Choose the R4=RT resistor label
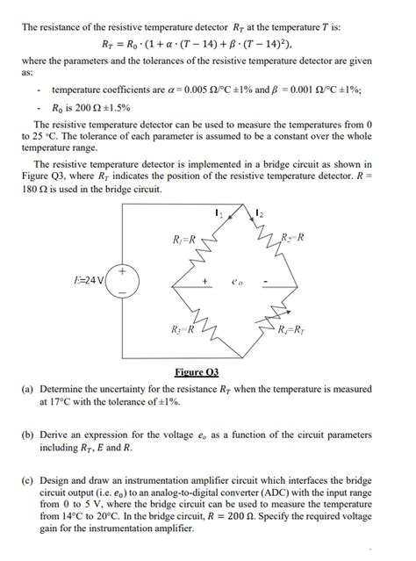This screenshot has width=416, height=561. pos(291,330)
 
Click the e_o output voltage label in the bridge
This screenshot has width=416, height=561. pos(234,283)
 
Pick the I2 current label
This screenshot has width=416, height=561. pos(260,211)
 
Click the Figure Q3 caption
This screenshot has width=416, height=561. pos(207,371)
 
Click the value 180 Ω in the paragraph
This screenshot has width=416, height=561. pos(34,188)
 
